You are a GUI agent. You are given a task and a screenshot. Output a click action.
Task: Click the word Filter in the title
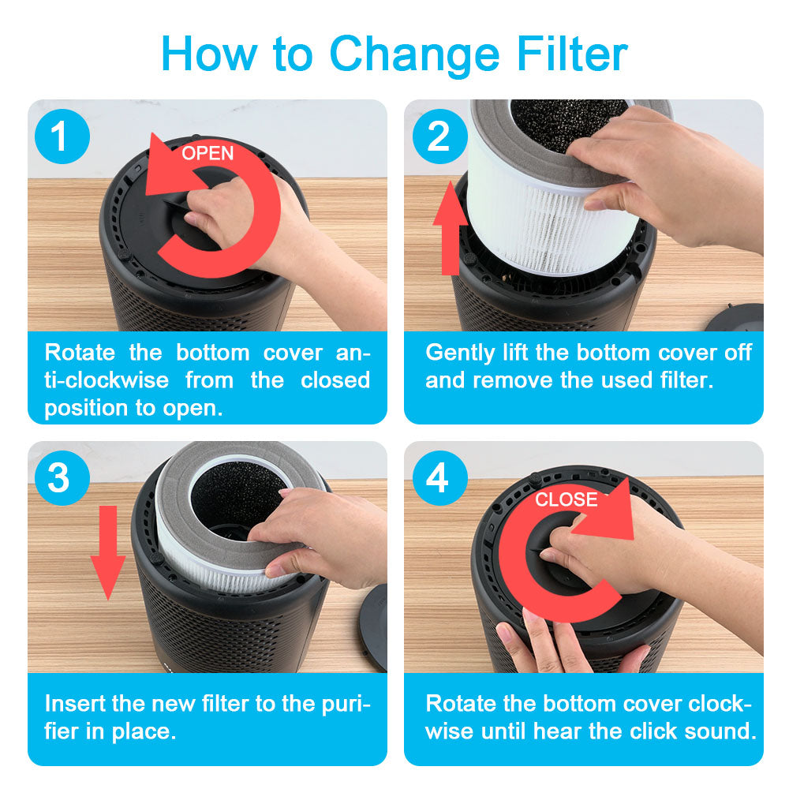[x=572, y=54]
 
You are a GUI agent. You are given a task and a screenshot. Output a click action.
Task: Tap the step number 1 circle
[x=62, y=136]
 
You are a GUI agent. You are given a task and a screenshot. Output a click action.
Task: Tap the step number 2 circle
[x=439, y=136]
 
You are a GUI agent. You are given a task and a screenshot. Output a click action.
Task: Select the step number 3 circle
[x=62, y=478]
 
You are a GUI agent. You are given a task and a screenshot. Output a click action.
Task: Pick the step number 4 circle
[x=439, y=478]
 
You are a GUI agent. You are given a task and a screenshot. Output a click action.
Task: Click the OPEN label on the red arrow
[x=208, y=153]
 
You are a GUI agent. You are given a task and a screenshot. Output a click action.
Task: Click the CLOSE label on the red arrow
[x=566, y=499]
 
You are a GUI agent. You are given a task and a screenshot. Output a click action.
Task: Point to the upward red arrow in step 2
[x=450, y=229]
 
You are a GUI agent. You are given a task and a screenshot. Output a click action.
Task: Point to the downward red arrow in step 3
[x=108, y=552]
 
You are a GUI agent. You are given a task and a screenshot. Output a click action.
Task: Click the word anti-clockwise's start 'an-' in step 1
[x=353, y=353]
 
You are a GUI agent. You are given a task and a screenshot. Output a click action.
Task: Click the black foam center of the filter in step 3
[x=237, y=498]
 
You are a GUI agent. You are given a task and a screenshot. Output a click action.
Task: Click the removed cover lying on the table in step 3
[x=373, y=628]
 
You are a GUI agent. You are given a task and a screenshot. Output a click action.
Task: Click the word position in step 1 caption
[x=88, y=409]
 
